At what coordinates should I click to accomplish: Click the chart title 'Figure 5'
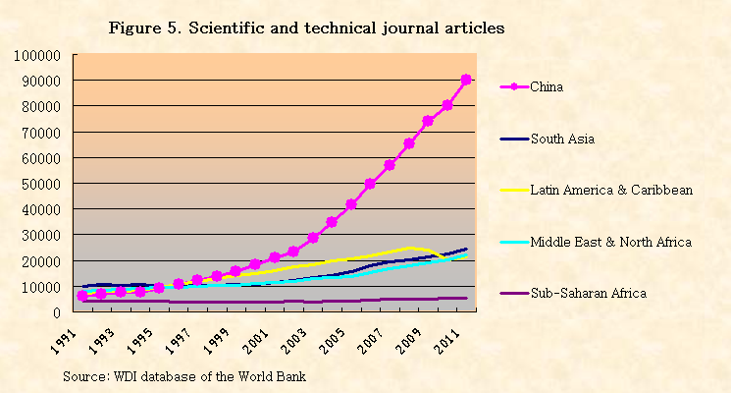point(306,28)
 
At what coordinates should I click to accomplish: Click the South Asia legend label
point(562,139)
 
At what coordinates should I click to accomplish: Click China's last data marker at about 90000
point(466,80)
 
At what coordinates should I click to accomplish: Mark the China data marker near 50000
point(370,184)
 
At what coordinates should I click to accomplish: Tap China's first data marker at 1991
point(82,295)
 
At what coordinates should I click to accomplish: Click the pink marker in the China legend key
point(513,86)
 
